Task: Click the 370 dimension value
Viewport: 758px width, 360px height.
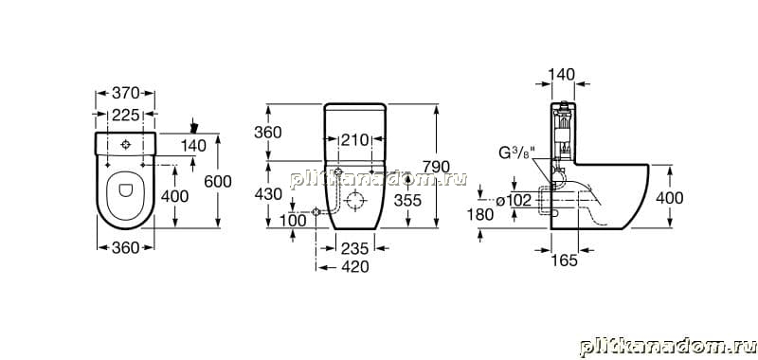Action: [126, 93]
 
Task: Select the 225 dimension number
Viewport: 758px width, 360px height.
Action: [126, 115]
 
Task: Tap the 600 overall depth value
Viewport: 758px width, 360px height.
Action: [218, 181]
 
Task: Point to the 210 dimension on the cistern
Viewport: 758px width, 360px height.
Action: [353, 139]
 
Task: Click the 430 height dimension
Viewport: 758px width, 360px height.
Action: [268, 194]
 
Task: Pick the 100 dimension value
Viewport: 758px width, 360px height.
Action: [293, 221]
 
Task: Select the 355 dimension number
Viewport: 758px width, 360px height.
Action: [407, 200]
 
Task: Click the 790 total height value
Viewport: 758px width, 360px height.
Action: [437, 167]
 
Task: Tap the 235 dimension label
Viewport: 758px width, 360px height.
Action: [354, 248]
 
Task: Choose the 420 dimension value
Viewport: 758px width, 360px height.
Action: [354, 267]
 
